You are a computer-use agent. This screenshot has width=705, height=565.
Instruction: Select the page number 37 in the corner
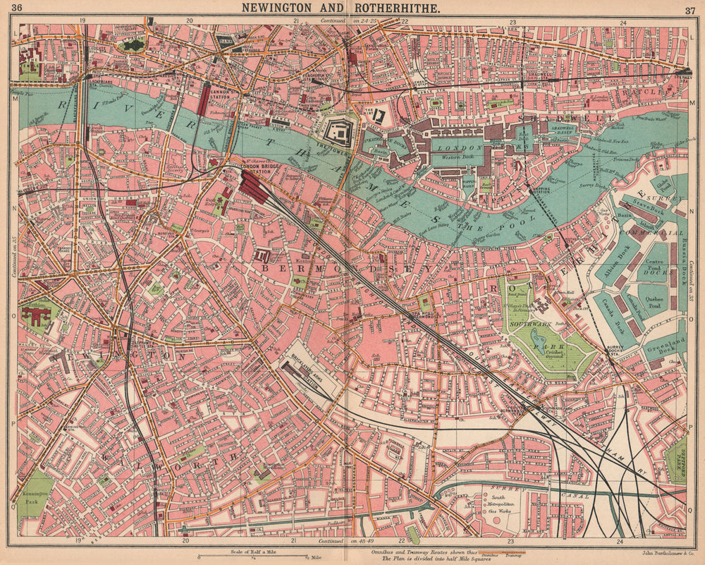(x=689, y=8)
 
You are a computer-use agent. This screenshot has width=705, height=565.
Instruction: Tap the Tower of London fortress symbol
(x=341, y=131)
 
